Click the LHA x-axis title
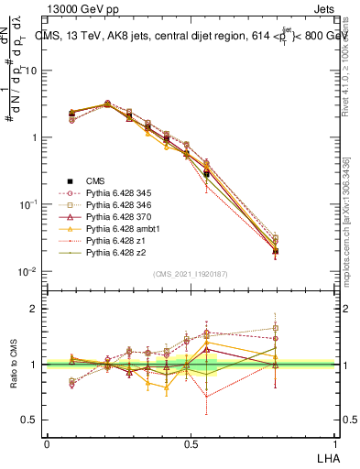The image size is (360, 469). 326,456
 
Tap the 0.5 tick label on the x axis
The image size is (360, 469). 191,443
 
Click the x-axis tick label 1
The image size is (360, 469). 333,443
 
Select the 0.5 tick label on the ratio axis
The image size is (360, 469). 31,420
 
